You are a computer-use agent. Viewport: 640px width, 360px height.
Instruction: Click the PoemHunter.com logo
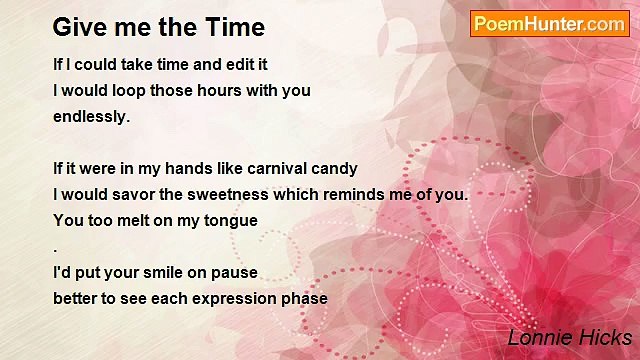pos(549,24)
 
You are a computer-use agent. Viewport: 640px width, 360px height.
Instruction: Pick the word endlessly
pos(91,116)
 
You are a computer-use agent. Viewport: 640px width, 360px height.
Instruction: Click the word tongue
pos(230,221)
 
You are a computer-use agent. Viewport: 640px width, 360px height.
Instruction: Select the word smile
pos(153,272)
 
